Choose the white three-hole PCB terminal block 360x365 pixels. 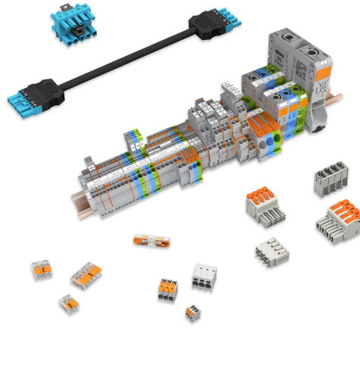click(204, 275)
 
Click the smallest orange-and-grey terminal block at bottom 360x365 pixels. click(194, 311)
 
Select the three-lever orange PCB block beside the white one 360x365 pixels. click(168, 289)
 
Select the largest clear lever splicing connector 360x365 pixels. click(85, 276)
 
